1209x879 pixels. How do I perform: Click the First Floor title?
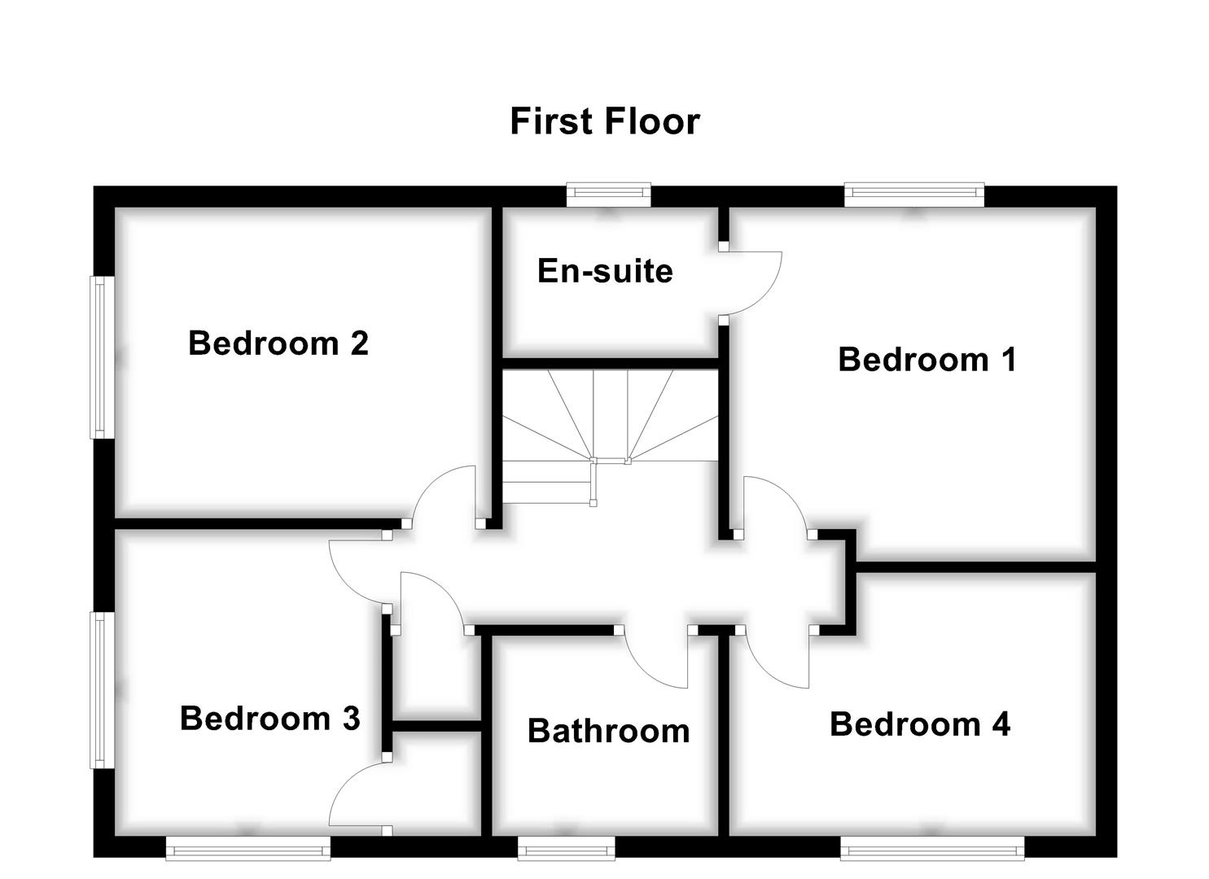[604, 121]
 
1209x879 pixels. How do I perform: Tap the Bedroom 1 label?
[926, 359]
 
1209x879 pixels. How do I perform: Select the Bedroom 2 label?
[278, 343]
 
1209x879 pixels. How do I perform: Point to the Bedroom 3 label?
[269, 718]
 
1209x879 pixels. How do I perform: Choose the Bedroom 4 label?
[919, 724]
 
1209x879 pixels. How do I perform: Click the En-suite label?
[605, 271]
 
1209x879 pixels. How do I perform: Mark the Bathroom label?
[608, 731]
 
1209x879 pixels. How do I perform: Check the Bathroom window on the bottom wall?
[567, 851]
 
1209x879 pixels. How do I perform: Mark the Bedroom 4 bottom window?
[932, 851]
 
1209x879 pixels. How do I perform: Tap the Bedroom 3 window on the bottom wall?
[247, 851]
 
